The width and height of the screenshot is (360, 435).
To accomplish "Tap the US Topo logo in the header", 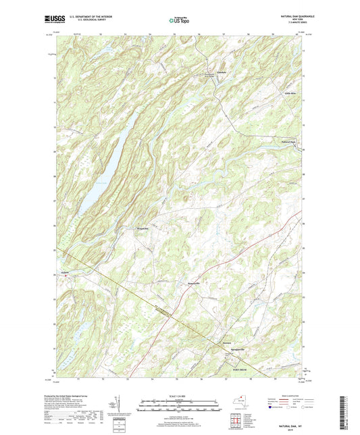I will tap(179, 20).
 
